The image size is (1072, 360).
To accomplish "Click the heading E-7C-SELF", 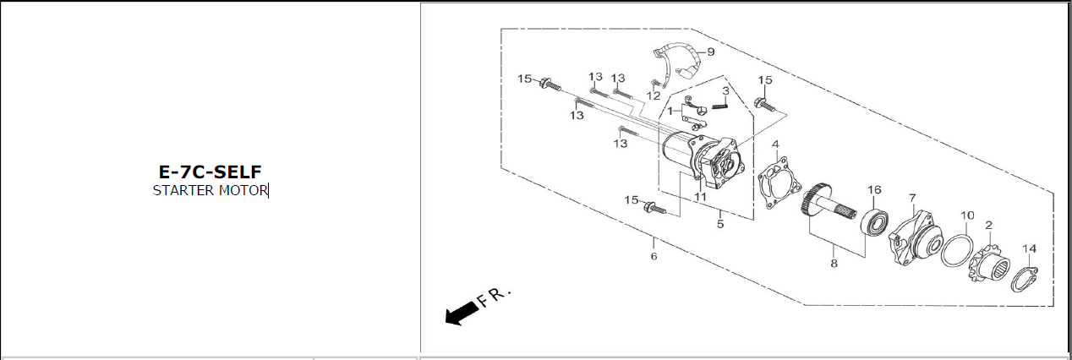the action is click(x=211, y=172).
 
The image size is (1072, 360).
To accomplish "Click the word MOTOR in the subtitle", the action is click(x=243, y=190).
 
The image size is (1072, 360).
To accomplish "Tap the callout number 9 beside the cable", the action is click(x=711, y=52).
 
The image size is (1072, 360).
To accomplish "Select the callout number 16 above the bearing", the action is click(x=874, y=190).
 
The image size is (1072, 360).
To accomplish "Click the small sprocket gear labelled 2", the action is click(x=989, y=263).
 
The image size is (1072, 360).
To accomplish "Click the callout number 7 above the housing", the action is click(x=912, y=198).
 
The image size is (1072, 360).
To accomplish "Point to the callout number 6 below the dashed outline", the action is click(x=654, y=256).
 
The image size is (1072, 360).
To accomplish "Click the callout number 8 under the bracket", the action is click(x=834, y=263).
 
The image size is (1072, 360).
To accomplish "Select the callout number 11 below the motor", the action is click(x=700, y=197).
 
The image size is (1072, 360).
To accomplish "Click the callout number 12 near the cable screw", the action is click(x=654, y=96).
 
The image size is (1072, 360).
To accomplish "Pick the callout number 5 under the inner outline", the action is click(x=720, y=224).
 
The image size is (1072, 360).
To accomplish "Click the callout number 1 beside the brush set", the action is click(x=670, y=111).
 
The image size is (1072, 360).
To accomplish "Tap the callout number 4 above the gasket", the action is click(x=775, y=145).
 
